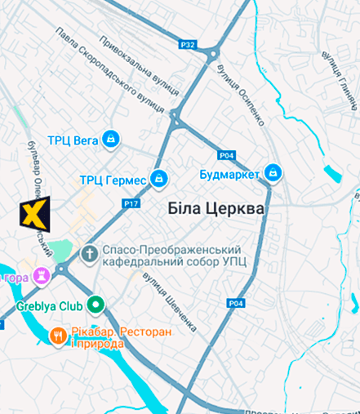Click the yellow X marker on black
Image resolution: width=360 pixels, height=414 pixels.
[34, 214]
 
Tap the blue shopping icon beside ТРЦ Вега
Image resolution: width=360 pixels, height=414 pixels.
[111, 140]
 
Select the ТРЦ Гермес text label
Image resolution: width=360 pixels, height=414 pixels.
[113, 180]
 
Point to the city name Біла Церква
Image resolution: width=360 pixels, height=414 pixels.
[216, 209]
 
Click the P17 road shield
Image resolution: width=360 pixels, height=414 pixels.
[131, 203]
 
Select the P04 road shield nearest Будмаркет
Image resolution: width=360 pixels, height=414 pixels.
[227, 155]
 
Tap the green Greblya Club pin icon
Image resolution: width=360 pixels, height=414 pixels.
[96, 306]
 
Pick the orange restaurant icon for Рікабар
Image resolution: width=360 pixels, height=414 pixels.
[57, 335]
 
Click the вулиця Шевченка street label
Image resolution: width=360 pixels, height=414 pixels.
[170, 301]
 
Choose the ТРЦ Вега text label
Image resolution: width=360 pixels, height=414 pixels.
[73, 140]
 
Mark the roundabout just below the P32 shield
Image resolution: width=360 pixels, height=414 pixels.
[213, 55]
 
